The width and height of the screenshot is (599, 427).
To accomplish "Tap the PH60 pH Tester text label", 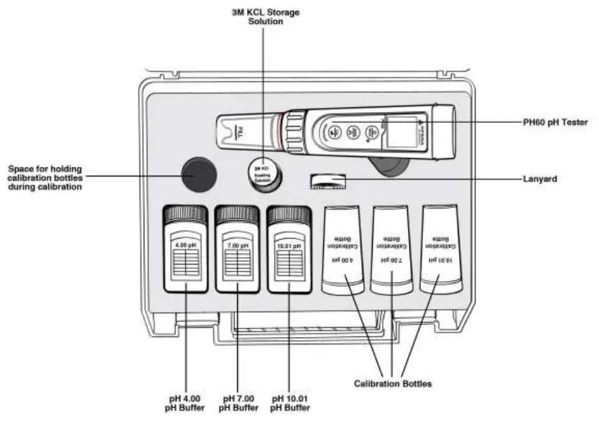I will pyautogui.click(x=555, y=123).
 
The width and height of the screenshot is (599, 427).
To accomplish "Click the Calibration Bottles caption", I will pyautogui.click(x=393, y=384).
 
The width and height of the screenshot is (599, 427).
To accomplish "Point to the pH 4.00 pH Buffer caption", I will pyautogui.click(x=185, y=403).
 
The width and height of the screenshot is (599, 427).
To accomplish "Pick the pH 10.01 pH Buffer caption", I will pyautogui.click(x=290, y=403).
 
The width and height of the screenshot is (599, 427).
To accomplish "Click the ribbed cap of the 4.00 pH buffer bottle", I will pyautogui.click(x=186, y=214).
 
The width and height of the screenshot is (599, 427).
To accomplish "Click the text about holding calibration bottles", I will pyautogui.click(x=45, y=177).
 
